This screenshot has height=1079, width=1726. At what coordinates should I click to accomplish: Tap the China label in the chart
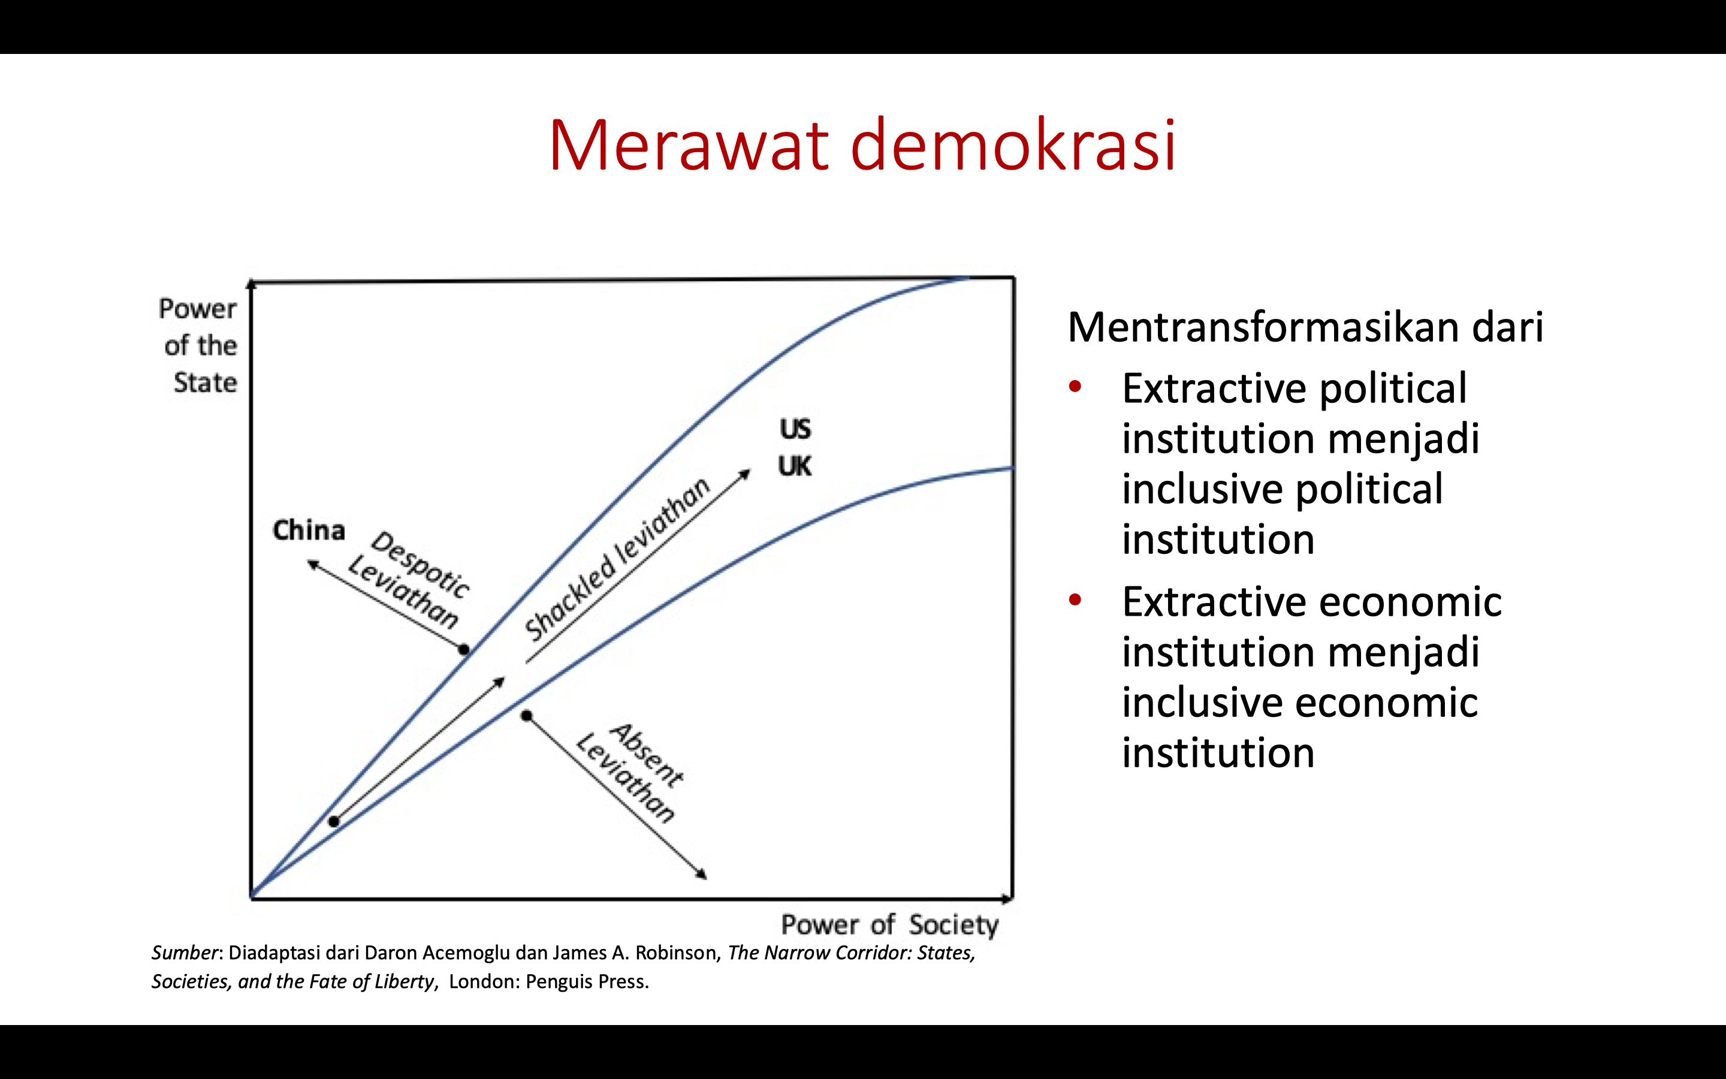pos(309,531)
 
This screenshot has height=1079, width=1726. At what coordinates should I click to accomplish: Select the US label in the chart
pos(795,429)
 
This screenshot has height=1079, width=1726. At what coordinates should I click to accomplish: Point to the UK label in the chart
pos(795,466)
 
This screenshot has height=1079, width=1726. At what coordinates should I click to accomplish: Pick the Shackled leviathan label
pos(617,559)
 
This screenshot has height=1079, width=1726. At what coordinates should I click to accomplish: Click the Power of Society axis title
pos(889,925)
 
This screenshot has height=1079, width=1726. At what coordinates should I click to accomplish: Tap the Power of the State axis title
pos(198,345)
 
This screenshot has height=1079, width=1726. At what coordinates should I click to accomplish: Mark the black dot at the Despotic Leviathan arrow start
pos(464,649)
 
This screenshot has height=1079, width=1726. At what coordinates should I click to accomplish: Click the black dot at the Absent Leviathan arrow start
pos(526,716)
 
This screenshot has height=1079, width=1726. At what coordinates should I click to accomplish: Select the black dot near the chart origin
pos(334,821)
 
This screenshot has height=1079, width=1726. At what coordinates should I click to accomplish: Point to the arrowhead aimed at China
pos(312,565)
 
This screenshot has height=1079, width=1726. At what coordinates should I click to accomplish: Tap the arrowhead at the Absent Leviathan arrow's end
pos(702,874)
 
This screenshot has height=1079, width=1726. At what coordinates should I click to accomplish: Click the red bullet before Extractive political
pos(1075,387)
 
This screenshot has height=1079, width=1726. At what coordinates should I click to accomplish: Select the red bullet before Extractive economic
pos(1075,599)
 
